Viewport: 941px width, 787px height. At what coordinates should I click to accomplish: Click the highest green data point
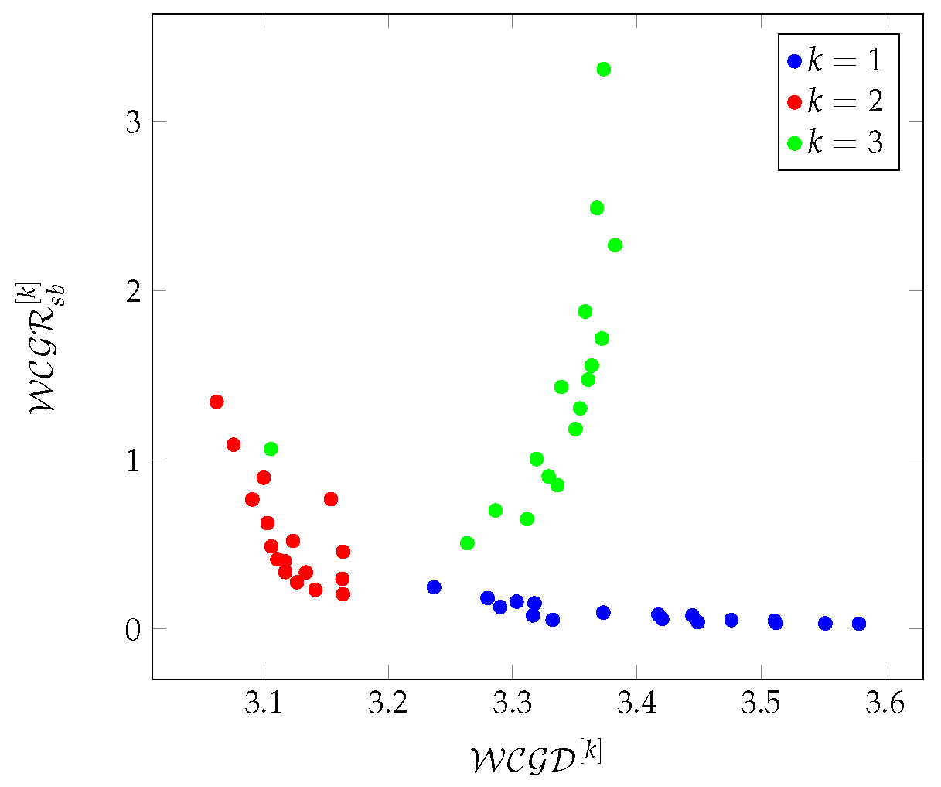pos(604,70)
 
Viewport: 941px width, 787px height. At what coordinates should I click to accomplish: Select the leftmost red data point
pos(216,402)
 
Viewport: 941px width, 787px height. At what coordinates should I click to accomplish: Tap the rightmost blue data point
pos(859,624)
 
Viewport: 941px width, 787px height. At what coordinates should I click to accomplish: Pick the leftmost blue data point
pos(434,587)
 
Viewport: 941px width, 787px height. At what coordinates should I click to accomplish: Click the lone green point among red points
pos(271,449)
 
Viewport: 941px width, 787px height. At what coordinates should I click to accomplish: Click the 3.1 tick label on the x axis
pos(264,705)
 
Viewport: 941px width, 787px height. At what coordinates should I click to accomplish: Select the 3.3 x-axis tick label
pos(513,705)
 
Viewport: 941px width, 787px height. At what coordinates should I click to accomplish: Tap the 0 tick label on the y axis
pos(134,629)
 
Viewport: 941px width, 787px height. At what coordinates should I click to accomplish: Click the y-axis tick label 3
pos(134,122)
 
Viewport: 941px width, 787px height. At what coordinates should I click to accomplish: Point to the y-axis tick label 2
pos(134,291)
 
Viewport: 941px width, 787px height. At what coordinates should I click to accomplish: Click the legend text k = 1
pos(845,60)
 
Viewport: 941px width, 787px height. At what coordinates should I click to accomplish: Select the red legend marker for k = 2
pos(794,102)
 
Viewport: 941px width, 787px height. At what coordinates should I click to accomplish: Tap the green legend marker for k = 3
pos(794,143)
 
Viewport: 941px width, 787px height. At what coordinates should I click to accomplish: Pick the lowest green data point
pos(467,543)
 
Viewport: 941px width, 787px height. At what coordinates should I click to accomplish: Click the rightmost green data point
pos(615,245)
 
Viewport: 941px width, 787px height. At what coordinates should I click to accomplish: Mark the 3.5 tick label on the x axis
pos(761,705)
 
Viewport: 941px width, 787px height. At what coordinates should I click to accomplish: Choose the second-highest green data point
pos(597,208)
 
